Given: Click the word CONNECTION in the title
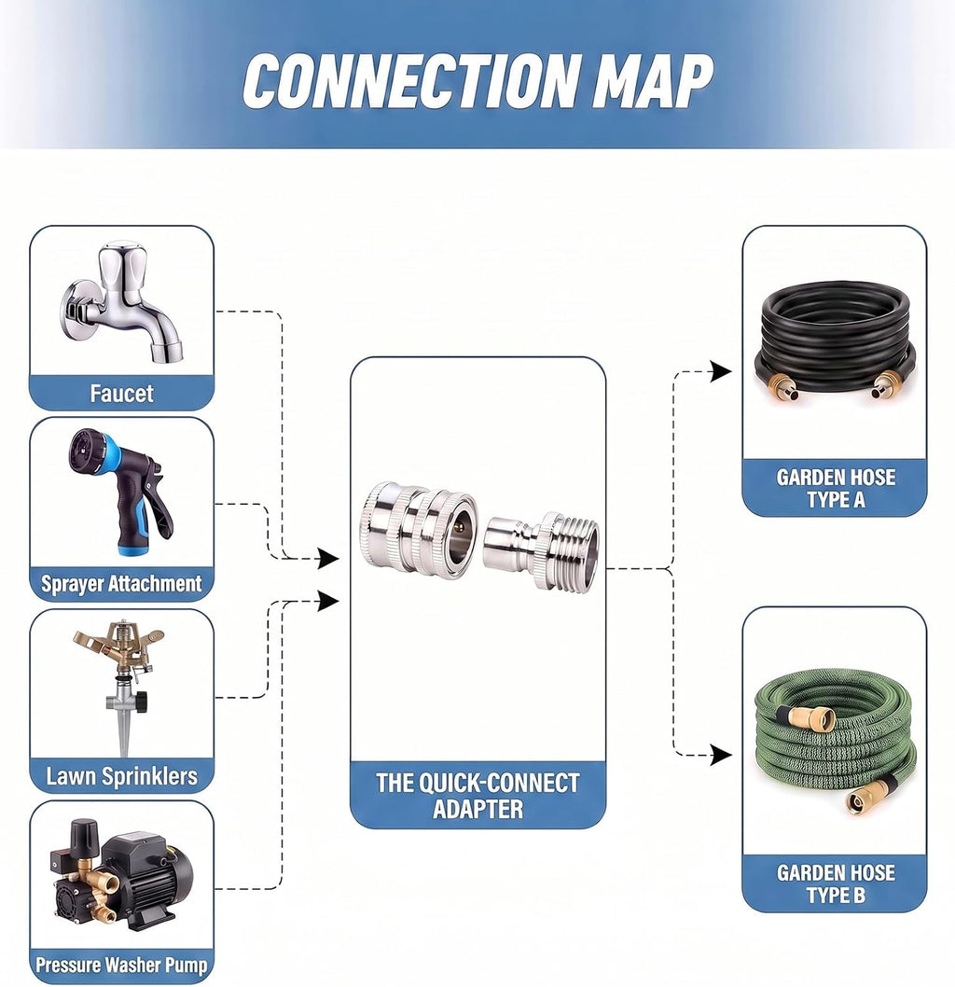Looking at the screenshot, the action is point(409,80).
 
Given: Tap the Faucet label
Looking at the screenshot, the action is point(121,394).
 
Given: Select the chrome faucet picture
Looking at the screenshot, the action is point(123,302).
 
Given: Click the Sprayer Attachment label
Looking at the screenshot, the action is point(121,583).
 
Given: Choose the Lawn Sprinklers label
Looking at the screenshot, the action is point(121,775).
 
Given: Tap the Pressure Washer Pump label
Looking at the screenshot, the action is point(121,965).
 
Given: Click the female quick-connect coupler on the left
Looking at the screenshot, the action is point(418,527).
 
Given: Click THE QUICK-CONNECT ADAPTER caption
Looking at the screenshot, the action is point(477,796).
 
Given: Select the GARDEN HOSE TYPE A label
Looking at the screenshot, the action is point(836,489).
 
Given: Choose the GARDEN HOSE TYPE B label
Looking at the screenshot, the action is point(836,883).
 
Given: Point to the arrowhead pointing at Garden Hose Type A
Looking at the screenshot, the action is point(721,371).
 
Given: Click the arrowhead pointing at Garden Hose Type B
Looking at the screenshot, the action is point(721,754).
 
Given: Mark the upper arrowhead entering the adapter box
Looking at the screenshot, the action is point(327,558).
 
